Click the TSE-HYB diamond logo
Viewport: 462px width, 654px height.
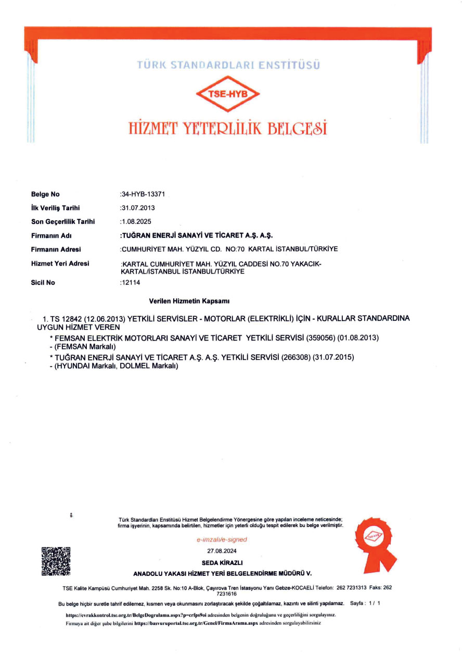(227, 94)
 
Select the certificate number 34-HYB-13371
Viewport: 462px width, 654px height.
(143, 194)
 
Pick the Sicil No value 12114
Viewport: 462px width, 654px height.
(131, 282)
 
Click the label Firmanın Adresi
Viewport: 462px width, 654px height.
(56, 249)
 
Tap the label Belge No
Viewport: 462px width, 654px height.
(45, 194)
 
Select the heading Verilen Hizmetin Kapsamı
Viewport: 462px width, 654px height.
(189, 301)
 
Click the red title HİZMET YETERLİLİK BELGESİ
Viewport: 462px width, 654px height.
(228, 128)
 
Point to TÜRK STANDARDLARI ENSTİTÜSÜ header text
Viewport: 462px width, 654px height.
(228, 65)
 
